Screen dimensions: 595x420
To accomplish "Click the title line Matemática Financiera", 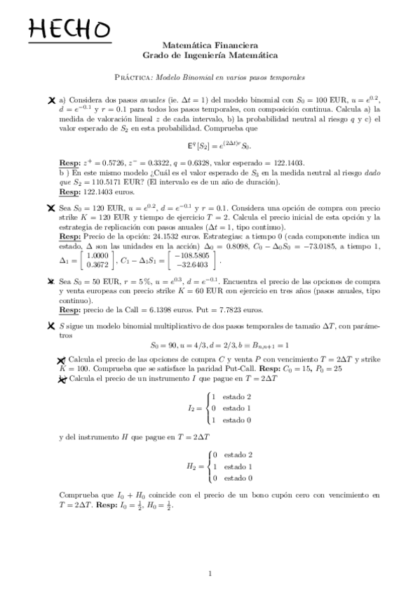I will pos(210,44).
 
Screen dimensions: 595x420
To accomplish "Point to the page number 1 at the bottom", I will pos(210,573).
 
